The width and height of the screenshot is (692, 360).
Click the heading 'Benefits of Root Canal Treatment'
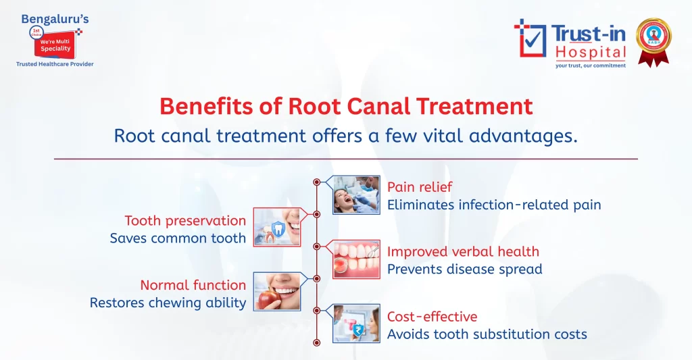pyautogui.click(x=345, y=107)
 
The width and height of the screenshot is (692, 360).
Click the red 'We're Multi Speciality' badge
pyautogui.click(x=55, y=43)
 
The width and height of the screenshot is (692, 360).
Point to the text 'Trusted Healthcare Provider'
pyautogui.click(x=55, y=64)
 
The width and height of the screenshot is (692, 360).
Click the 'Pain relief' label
pyautogui.click(x=420, y=187)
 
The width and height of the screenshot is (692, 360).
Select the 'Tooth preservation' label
pyautogui.click(x=185, y=221)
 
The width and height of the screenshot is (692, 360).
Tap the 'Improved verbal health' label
pyautogui.click(x=463, y=252)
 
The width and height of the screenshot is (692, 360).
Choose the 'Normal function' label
pyautogui.click(x=193, y=285)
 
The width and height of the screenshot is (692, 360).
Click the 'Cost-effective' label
pyautogui.click(x=432, y=317)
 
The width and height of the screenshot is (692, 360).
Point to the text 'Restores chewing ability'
pyautogui.click(x=168, y=303)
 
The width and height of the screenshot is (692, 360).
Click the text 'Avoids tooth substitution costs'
pyautogui.click(x=487, y=334)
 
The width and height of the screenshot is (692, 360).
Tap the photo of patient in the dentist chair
pyautogui.click(x=356, y=195)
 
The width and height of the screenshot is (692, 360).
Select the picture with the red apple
pyautogui.click(x=277, y=291)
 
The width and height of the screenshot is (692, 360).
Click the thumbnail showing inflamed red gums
pyautogui.click(x=356, y=259)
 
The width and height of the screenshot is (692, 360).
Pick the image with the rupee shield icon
pyautogui.click(x=356, y=323)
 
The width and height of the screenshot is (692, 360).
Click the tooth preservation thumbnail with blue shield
pyautogui.click(x=277, y=227)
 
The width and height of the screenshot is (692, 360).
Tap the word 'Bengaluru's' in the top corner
pyautogui.click(x=55, y=19)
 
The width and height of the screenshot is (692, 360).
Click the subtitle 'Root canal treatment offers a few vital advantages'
pyautogui.click(x=345, y=136)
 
